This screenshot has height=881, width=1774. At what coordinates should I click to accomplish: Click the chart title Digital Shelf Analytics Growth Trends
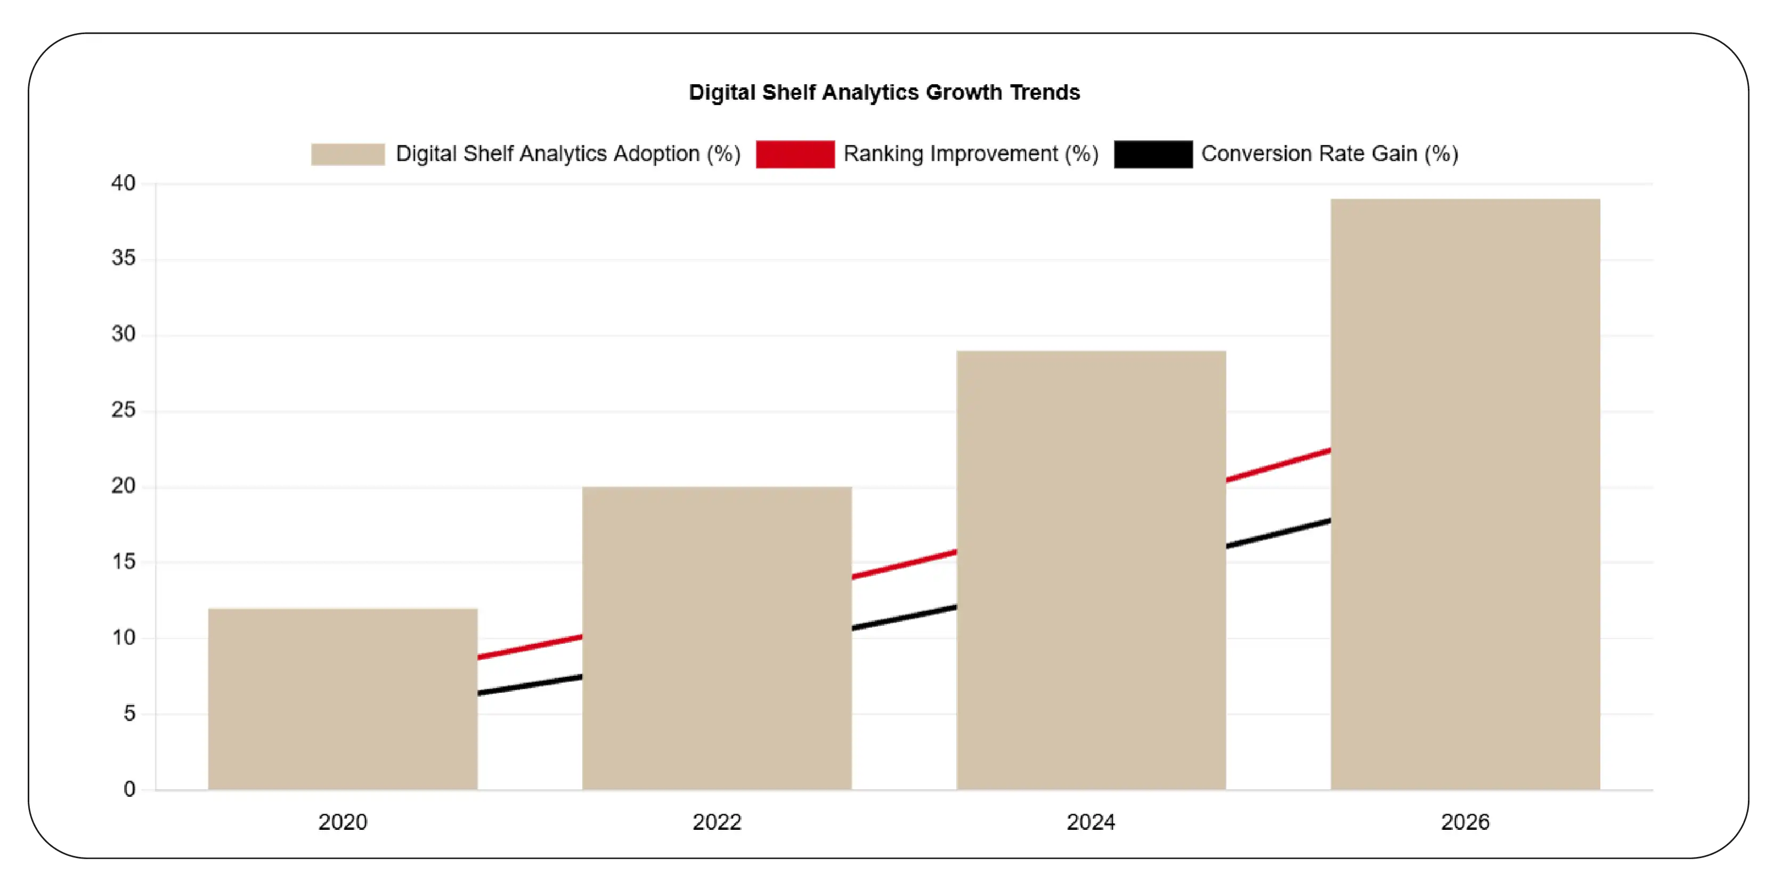[884, 92]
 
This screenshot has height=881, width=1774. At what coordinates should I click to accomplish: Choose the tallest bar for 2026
[1465, 494]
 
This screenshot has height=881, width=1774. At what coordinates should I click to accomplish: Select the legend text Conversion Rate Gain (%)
[1329, 153]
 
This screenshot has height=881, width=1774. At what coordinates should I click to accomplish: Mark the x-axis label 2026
[1465, 822]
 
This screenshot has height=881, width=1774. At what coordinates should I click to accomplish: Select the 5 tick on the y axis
[129, 714]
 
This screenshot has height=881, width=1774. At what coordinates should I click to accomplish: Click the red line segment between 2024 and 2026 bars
[1278, 465]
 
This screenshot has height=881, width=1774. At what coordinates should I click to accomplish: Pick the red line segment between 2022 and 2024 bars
[904, 564]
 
